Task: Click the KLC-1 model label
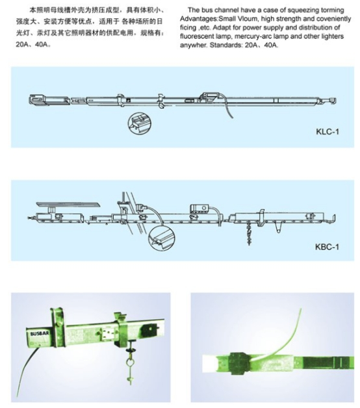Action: (328, 132)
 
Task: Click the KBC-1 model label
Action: (328, 247)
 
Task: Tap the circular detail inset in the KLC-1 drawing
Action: (140, 123)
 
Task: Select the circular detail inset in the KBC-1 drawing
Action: (161, 238)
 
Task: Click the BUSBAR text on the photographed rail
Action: (38, 333)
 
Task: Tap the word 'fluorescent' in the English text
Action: (198, 36)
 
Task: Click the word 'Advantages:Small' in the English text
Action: (208, 19)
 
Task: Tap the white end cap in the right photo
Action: (209, 364)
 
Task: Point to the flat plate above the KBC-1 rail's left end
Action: (68, 204)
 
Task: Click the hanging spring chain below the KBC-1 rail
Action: (250, 233)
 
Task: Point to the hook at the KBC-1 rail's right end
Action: (331, 220)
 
